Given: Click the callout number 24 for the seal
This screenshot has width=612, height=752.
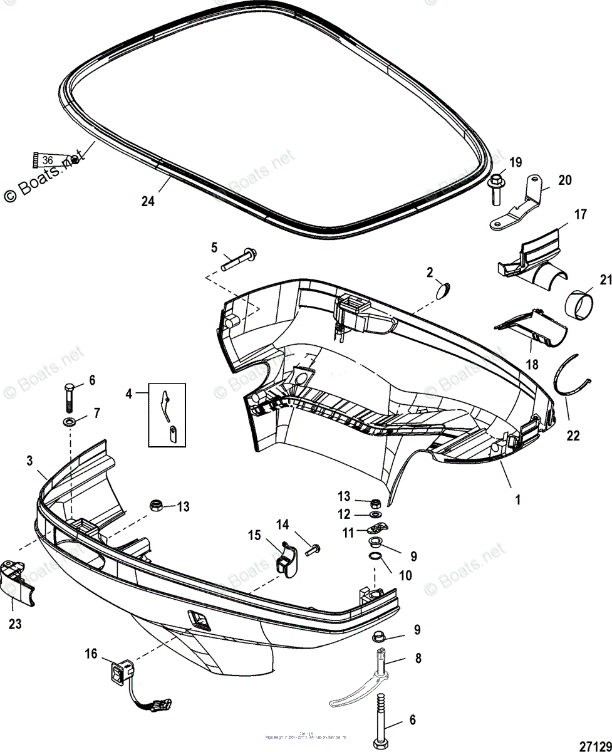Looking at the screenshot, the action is pos(147,202).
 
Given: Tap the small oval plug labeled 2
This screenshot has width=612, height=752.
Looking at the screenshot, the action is pos(443,290).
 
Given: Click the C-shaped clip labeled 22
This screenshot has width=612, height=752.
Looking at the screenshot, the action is pos(572,377).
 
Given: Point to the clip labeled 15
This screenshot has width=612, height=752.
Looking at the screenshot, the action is pos(286,556).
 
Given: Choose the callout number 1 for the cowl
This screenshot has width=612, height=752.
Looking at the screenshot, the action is pos(517,500).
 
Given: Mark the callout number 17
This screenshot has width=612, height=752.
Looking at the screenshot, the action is pos(580,215).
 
